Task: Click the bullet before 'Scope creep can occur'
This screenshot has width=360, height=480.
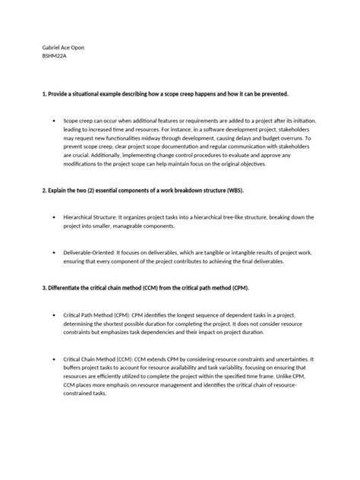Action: (54, 120)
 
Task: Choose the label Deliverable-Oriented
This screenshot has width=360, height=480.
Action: (90, 251)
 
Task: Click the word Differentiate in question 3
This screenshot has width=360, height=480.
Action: (53, 288)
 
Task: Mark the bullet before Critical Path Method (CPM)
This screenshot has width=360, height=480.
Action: (54, 315)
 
